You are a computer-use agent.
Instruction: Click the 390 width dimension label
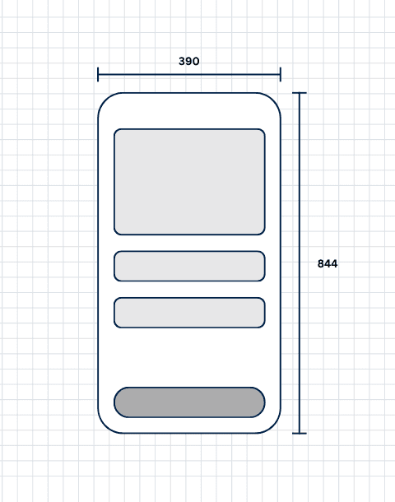coord(188,61)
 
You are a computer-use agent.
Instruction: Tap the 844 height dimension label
coord(328,263)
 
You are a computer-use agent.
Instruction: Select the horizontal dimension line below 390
coord(189,75)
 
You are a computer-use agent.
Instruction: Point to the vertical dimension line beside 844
coord(300,263)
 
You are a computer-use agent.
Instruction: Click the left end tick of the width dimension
coord(98,75)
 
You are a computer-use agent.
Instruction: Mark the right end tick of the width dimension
coord(281,75)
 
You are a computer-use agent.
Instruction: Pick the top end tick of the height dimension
coord(300,93)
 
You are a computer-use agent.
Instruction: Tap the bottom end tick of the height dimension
coord(300,433)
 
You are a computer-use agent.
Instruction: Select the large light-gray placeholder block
coord(189,182)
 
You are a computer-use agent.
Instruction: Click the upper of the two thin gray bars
coord(189,266)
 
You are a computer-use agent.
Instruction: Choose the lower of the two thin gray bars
coord(189,313)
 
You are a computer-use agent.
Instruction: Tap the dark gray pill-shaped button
coord(189,402)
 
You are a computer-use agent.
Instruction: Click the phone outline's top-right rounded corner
coord(273,100)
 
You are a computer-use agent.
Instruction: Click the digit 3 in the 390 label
coord(182,61)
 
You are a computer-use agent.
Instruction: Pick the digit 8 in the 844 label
coord(320,263)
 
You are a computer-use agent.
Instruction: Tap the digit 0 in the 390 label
coord(196,61)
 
